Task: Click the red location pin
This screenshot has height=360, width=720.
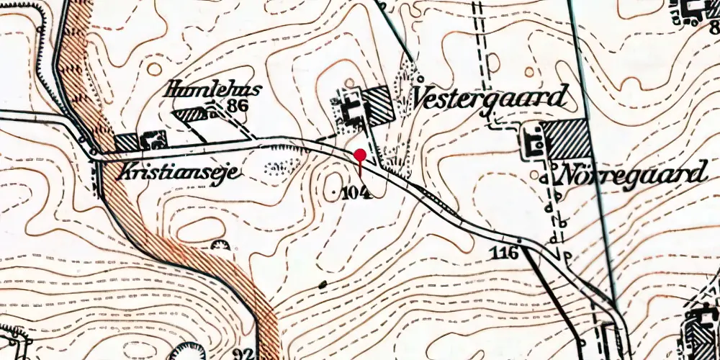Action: point(360,153)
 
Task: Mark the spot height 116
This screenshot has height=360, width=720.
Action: point(506,252)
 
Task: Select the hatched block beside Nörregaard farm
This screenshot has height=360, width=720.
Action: point(568,139)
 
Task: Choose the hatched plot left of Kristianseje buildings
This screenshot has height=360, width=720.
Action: point(127,142)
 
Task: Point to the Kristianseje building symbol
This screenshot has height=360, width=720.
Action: point(154,138)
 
